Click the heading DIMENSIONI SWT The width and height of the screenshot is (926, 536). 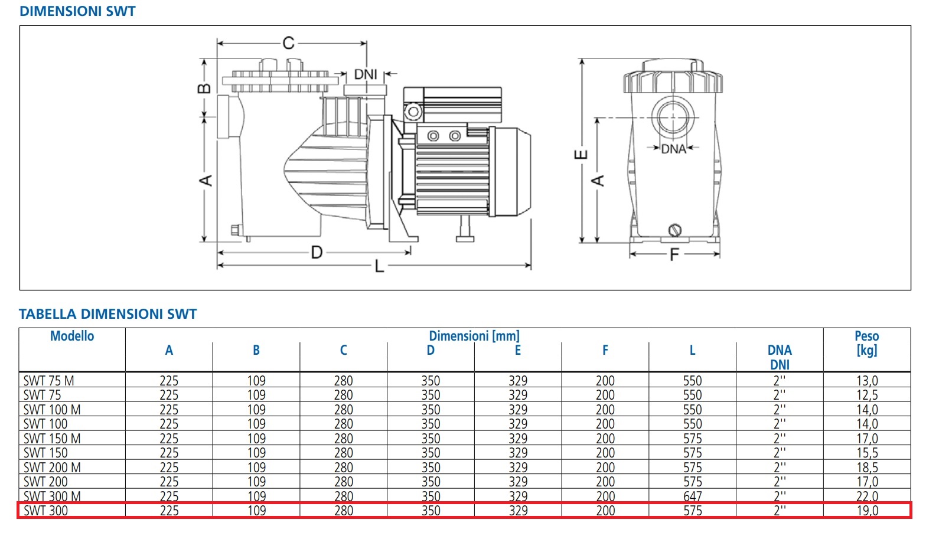pyautogui.click(x=77, y=11)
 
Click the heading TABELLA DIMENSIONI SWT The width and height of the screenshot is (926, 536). pyautogui.click(x=107, y=314)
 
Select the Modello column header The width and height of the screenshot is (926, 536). pyautogui.click(x=72, y=336)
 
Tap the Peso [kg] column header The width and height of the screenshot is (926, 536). pyautogui.click(x=866, y=343)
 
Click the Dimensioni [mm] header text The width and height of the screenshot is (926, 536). pyautogui.click(x=474, y=336)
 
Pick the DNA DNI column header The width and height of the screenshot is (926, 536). pyautogui.click(x=780, y=357)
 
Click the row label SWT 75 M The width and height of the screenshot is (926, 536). pyautogui.click(x=49, y=381)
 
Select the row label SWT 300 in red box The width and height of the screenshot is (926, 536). pyautogui.click(x=46, y=511)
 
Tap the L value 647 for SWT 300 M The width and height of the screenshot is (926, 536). pyautogui.click(x=692, y=496)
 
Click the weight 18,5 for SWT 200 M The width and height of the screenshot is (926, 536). pyautogui.click(x=867, y=468)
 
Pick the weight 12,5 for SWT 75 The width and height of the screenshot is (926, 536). pyautogui.click(x=867, y=395)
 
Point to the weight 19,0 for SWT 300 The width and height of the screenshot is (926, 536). pyautogui.click(x=867, y=511)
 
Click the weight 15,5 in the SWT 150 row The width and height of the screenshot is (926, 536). pyautogui.click(x=867, y=453)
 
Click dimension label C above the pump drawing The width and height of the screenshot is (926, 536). pyautogui.click(x=288, y=43)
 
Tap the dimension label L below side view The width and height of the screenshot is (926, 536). pyautogui.click(x=379, y=267)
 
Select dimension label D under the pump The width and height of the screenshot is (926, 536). pyautogui.click(x=317, y=253)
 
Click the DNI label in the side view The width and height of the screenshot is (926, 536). pyautogui.click(x=366, y=74)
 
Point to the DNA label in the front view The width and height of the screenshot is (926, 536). pyautogui.click(x=673, y=149)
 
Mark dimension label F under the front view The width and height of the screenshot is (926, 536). pyautogui.click(x=674, y=255)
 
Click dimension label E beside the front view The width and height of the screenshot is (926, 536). pyautogui.click(x=581, y=155)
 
